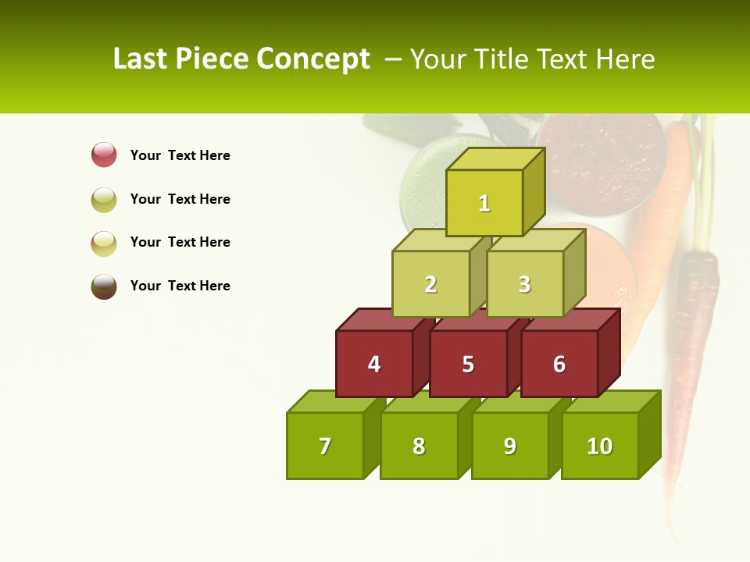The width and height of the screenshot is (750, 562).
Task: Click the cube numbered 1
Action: coord(484,203)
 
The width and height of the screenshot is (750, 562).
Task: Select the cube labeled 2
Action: coord(430,284)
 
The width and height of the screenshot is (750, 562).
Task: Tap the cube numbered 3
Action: coord(524,284)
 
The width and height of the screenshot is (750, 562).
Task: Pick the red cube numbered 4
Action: coord(374,364)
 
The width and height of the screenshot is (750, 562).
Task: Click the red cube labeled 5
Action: coord(468,364)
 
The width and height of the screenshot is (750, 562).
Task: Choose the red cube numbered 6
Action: coord(559,364)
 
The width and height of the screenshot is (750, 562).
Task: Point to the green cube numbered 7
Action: coord(325,446)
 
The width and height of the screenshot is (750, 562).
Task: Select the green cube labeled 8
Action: coord(419,446)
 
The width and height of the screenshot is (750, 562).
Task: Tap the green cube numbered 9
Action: coord(509,446)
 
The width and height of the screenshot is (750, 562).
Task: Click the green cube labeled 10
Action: coord(600,446)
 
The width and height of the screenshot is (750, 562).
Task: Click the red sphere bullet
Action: coord(104,155)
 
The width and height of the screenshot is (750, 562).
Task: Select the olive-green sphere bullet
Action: coord(104,199)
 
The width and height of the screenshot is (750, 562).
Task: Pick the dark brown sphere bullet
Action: coord(104,286)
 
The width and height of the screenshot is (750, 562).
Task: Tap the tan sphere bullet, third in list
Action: coord(104,243)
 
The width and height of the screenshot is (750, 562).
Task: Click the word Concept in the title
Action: coord(313,59)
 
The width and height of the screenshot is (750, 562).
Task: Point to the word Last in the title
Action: coord(140,59)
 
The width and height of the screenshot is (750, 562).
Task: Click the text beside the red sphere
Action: coord(180,155)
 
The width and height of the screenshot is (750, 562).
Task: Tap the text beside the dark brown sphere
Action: coord(180,286)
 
